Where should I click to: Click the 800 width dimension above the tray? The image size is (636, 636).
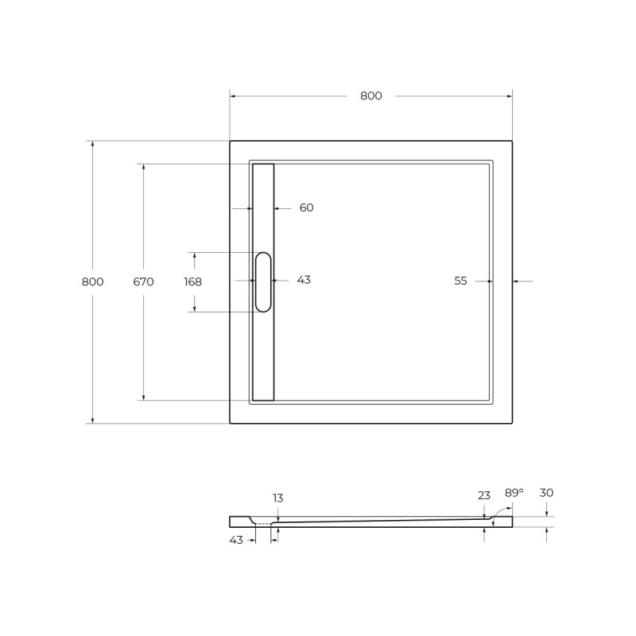tap(370, 96)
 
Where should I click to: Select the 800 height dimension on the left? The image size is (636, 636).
tap(92, 281)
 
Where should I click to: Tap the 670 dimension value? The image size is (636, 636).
tap(143, 281)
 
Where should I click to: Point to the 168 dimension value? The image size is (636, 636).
tap(192, 281)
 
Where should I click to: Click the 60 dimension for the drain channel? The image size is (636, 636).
tap(306, 208)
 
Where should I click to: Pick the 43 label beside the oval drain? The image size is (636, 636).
tap(304, 280)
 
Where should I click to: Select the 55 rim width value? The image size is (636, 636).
tap(460, 281)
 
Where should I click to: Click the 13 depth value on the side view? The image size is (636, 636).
tap(277, 498)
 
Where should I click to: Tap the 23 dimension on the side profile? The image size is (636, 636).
tap(484, 495)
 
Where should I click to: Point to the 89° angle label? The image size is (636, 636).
tap(514, 493)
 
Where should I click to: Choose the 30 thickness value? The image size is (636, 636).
tap(546, 493)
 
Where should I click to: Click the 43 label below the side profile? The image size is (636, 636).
tap(236, 540)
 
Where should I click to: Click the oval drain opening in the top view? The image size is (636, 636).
tap(263, 281)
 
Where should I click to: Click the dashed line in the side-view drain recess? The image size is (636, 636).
tap(263, 525)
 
